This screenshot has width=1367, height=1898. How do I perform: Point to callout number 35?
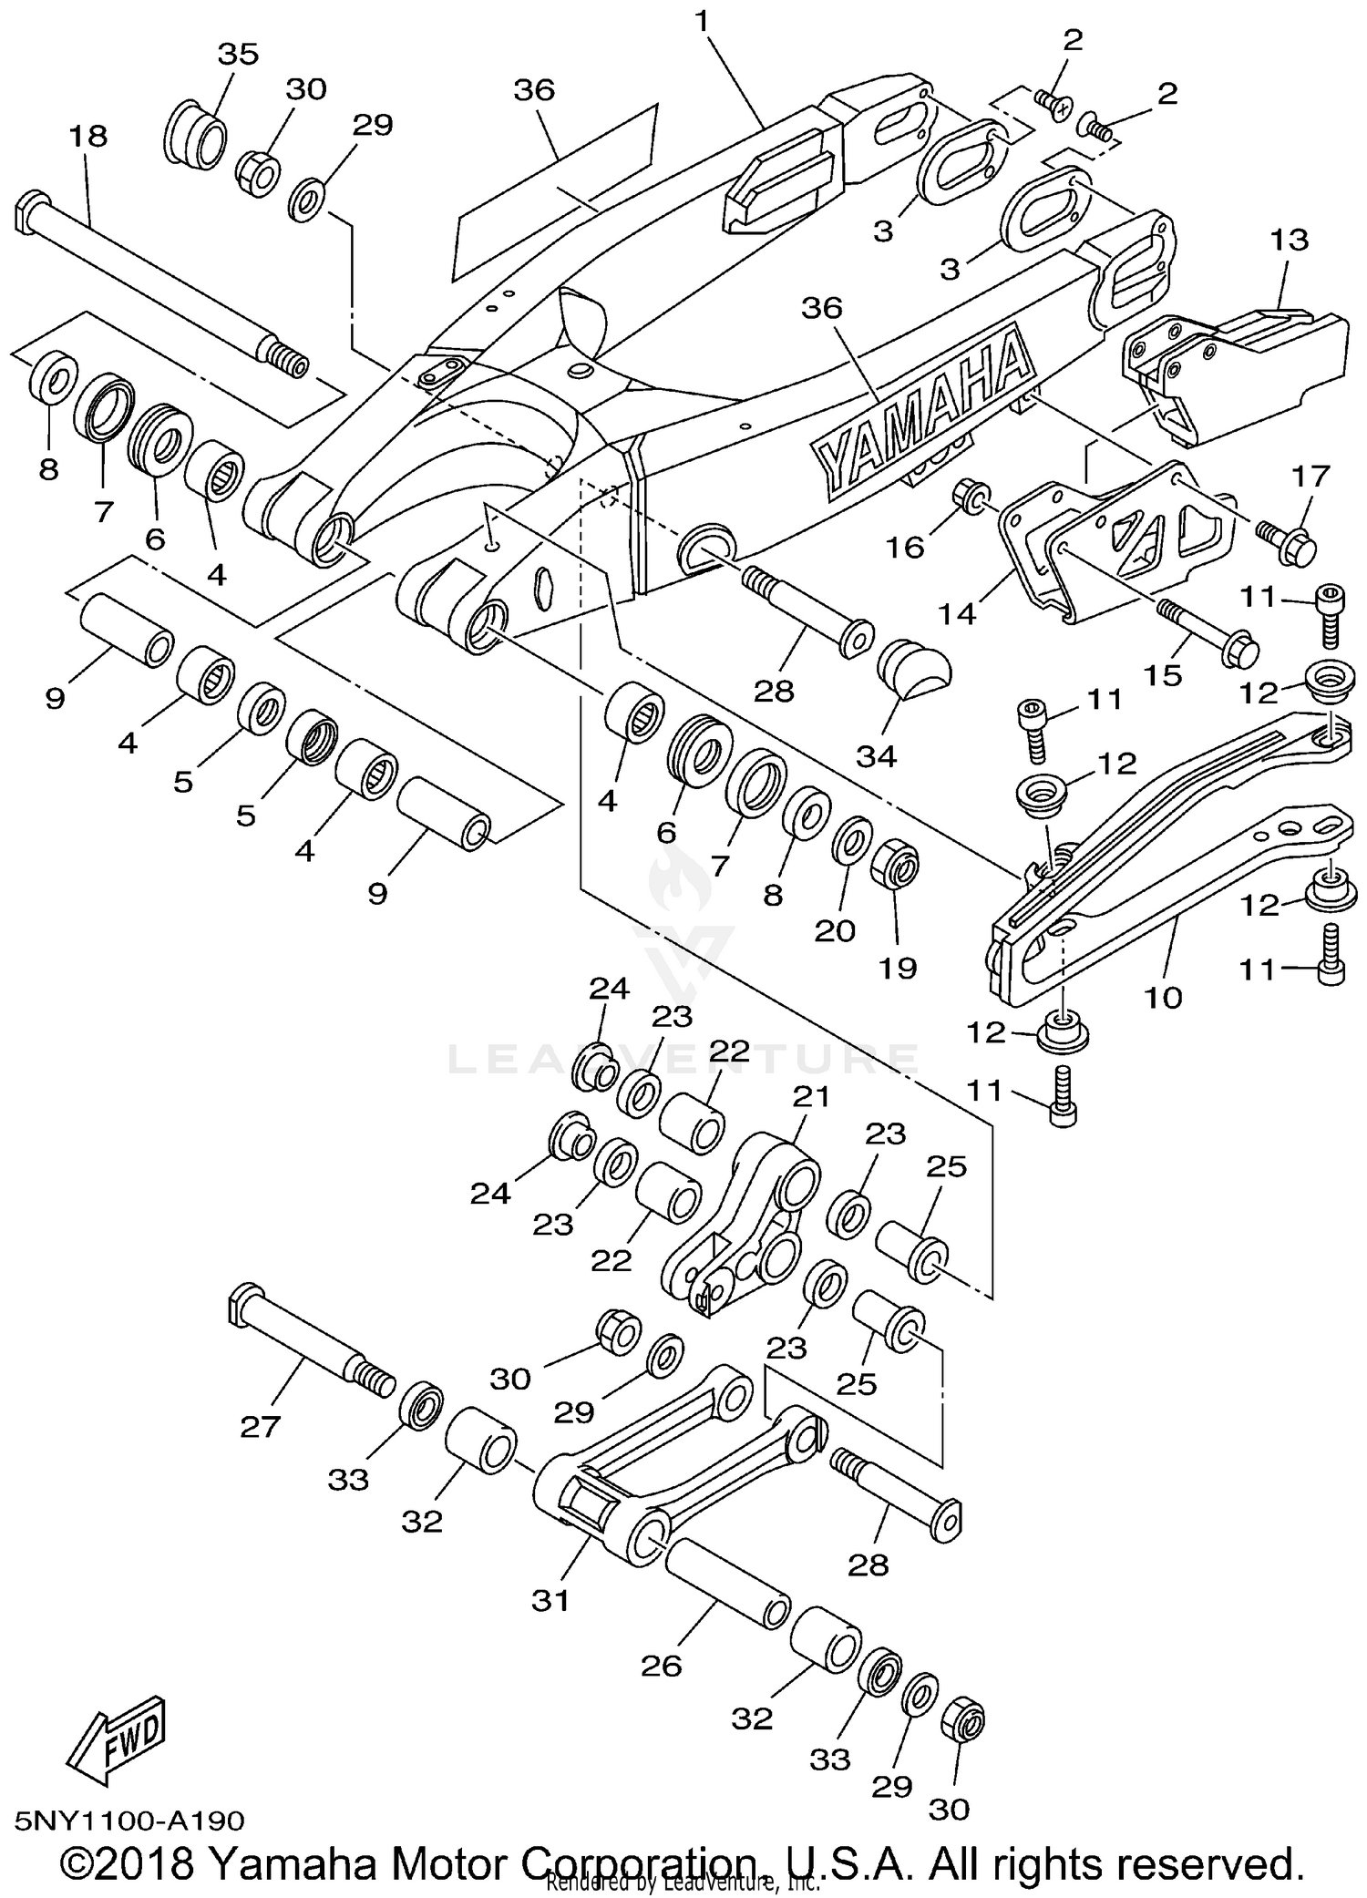238,54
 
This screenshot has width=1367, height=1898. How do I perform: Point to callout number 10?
1163,997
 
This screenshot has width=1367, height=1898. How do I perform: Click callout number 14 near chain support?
957,614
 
